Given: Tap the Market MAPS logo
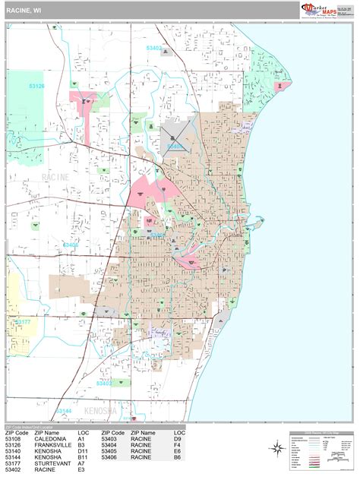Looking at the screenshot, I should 320,9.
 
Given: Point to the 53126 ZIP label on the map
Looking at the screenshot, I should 36,87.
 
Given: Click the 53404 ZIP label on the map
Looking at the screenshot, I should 175,146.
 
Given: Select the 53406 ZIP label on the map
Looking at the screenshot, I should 71,245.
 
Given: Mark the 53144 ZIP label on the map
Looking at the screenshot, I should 63,411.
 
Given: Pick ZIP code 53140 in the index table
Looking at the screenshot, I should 14,451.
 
